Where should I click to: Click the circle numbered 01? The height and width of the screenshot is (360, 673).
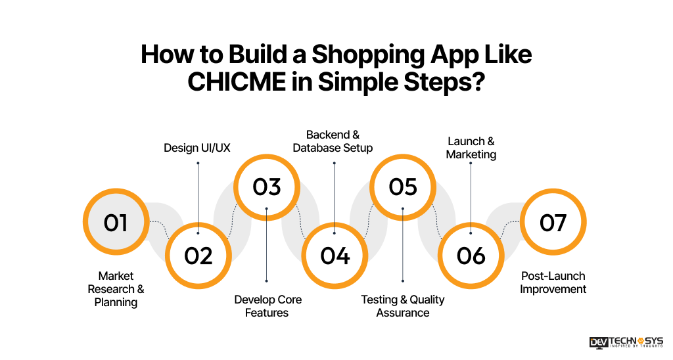[115, 223]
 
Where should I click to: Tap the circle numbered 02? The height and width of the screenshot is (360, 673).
[198, 255]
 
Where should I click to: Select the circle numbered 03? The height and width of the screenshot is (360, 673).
[267, 187]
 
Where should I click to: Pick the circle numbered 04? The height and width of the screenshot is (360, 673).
[335, 255]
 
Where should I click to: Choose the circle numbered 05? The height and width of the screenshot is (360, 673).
[403, 187]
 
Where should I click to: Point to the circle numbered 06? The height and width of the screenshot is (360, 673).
[471, 255]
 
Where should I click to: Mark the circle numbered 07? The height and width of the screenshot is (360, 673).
[553, 223]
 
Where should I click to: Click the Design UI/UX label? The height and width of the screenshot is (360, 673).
[197, 148]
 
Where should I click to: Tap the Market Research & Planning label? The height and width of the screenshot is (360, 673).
[116, 289]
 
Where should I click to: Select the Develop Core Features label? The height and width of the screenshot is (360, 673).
[267, 306]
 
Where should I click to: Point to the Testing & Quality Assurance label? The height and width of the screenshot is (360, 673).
[403, 306]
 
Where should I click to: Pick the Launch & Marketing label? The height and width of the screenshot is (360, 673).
[471, 148]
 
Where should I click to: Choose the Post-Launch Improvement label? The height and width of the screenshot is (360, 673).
[553, 282]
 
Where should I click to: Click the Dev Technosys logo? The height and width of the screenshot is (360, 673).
[626, 343]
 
